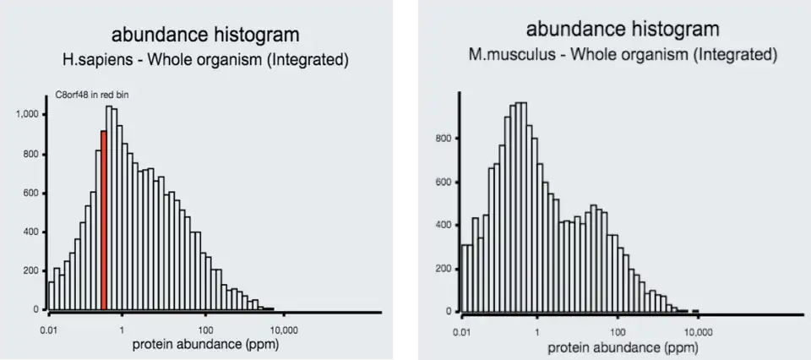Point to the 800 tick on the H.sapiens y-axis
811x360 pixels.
point(31,153)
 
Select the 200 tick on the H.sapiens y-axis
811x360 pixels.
point(31,270)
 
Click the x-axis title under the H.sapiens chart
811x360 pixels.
point(205,345)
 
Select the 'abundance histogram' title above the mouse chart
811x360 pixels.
point(623,30)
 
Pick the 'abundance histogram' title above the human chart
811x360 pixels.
point(205,35)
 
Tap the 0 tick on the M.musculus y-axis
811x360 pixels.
point(450,312)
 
